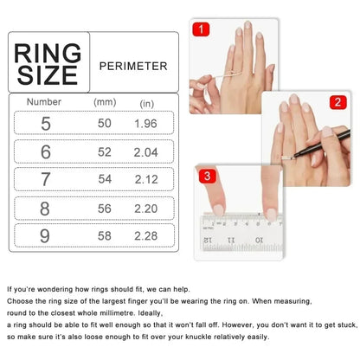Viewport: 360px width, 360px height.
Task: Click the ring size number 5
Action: pyautogui.click(x=45, y=123)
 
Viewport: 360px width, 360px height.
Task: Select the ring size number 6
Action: pyautogui.click(x=45, y=151)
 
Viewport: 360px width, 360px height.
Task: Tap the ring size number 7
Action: pyautogui.click(x=45, y=180)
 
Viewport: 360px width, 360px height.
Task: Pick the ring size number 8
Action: pyautogui.click(x=45, y=209)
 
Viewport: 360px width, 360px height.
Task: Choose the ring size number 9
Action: pyautogui.click(x=45, y=236)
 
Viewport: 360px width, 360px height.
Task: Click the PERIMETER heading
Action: pyautogui.click(x=133, y=65)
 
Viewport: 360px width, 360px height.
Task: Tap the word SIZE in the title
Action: pyautogui.click(x=48, y=75)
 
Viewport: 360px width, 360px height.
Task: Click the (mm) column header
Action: pyautogui.click(x=104, y=102)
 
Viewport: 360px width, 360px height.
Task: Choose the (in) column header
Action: pyautogui.click(x=147, y=103)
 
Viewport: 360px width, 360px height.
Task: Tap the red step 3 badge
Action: pyautogui.click(x=208, y=177)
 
